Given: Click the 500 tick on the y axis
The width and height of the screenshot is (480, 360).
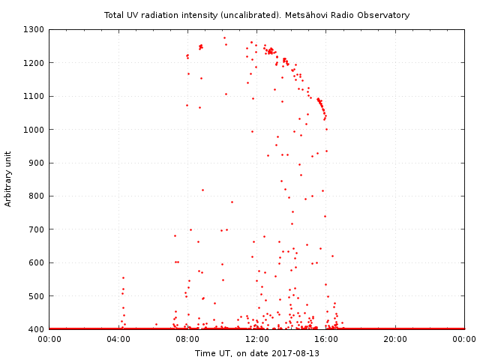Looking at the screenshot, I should point(37,295).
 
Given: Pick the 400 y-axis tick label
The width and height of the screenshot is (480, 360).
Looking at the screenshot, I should point(37,328).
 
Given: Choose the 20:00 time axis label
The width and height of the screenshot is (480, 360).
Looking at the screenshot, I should point(395,339).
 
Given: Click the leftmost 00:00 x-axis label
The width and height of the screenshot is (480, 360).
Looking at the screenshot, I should point(49,339).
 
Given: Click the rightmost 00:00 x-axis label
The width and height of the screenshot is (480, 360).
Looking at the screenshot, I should point(464,339).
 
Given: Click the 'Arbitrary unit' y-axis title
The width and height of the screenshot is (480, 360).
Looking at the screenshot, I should point(9,178).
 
